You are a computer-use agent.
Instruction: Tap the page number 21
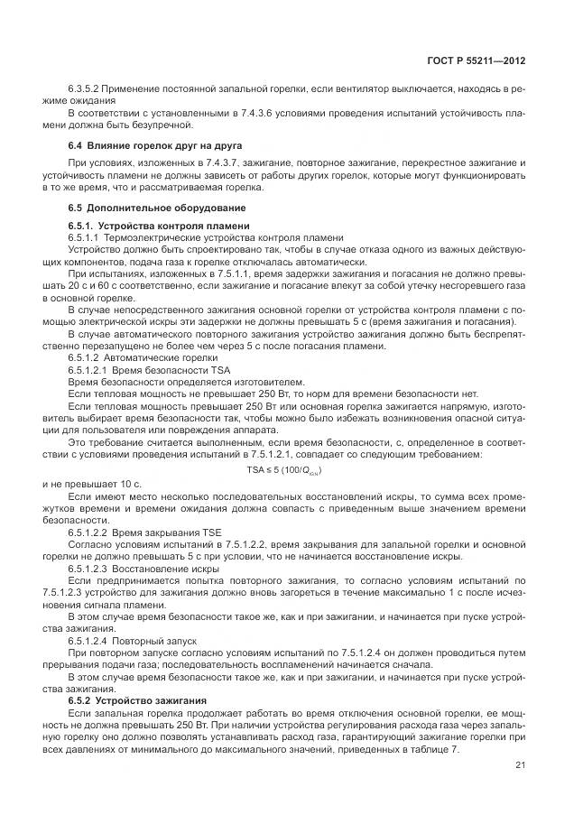point(520,766)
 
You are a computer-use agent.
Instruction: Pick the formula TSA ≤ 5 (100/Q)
point(284,470)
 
